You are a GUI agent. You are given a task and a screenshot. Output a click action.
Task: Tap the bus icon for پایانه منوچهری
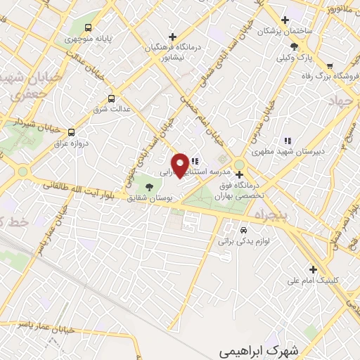pos(88,28)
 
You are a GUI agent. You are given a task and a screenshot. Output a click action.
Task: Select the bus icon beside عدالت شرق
pos(111,99)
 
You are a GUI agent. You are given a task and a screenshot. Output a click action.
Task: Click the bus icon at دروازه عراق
pos(71,131)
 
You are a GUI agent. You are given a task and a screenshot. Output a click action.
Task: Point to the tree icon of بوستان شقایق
pos(148,186)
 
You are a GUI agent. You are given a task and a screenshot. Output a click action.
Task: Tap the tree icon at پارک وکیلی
pos(303,46)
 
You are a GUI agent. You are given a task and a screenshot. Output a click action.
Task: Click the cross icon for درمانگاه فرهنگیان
pos(173,37)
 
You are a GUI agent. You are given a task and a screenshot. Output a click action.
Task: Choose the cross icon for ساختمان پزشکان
pos(285,20)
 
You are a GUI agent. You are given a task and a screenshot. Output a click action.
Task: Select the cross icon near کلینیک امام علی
pos(313,268)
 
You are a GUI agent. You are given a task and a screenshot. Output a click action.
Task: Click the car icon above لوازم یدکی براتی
pos(243,230)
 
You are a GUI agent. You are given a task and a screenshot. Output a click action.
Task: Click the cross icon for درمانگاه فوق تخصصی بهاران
pos(239,174)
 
